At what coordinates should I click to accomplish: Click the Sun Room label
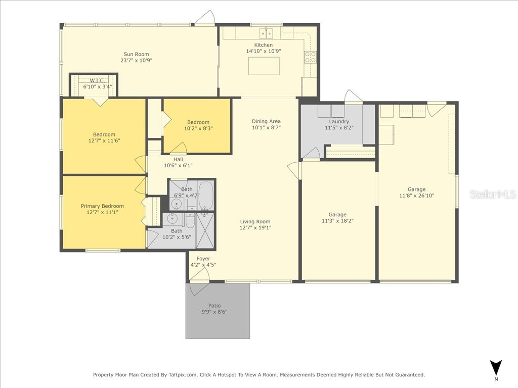coord(136,54)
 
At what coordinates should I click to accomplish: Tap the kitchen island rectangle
coord(264,66)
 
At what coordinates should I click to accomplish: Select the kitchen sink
coord(266,33)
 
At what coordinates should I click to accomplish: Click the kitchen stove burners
coord(311,57)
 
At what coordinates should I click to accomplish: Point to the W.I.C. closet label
coord(98,81)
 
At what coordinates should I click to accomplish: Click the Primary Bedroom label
coord(102,206)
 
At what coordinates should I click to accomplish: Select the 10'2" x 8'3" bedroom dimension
coord(198,128)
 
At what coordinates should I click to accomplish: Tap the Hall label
coord(178,159)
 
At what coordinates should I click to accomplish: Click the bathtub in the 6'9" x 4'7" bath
coord(206,196)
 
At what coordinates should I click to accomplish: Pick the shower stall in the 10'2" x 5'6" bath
coord(205,230)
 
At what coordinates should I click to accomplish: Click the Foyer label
coord(203,259)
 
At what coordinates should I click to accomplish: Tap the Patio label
coord(214,306)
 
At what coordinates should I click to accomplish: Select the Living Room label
coord(255,221)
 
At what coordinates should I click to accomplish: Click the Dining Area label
coord(266,121)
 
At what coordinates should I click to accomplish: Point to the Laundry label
coord(339,121)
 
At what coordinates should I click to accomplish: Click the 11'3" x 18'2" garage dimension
coord(337,221)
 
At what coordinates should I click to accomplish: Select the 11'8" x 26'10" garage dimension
coord(417,196)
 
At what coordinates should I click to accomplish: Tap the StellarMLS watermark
coord(493,194)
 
